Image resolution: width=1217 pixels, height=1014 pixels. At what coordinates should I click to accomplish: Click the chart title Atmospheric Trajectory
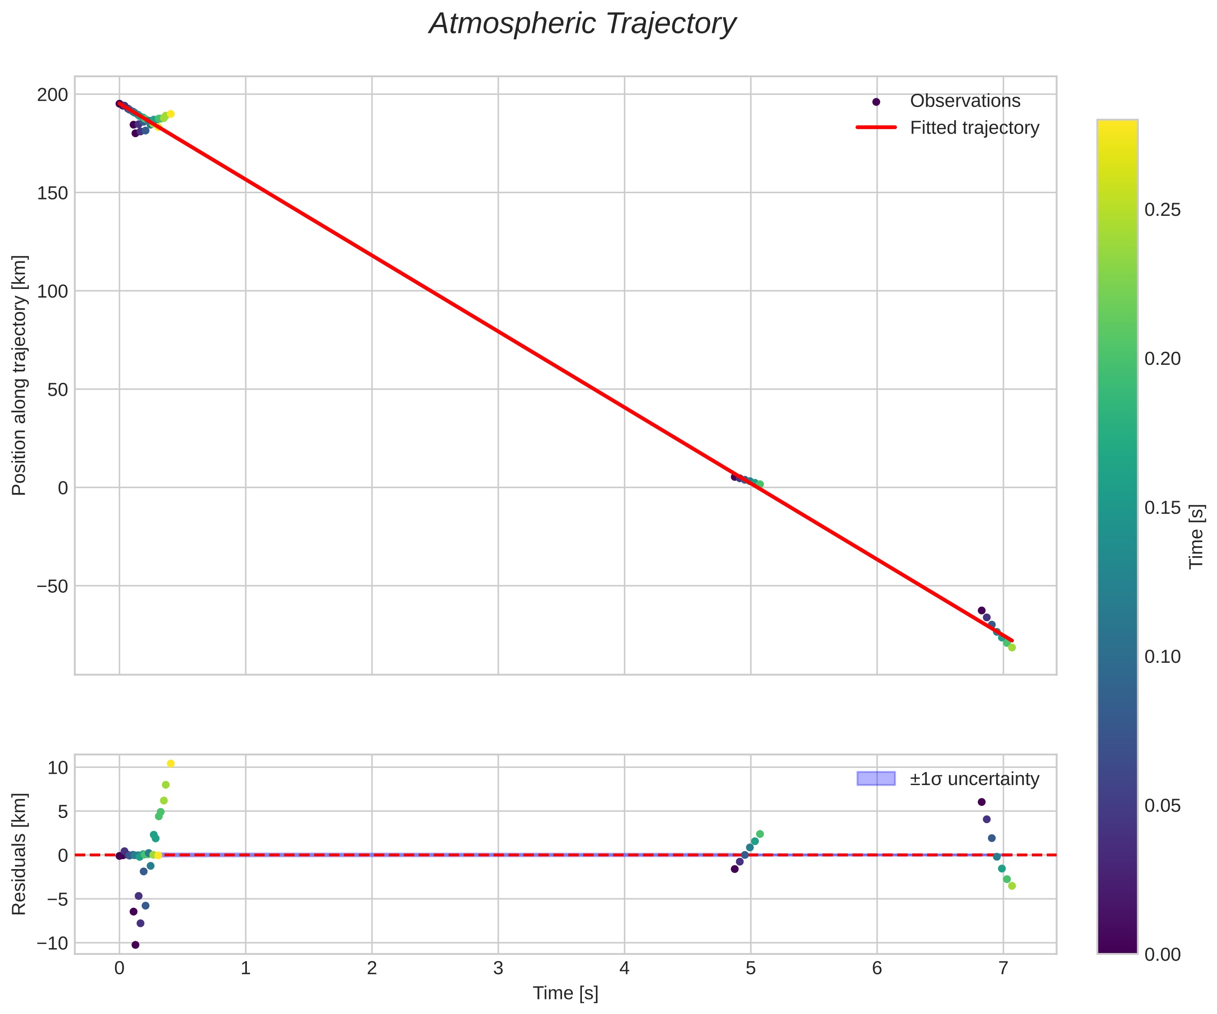582,24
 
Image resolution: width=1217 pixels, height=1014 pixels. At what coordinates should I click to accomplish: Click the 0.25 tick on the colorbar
1162,210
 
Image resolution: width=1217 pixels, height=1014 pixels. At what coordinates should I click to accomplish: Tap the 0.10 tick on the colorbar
1162,657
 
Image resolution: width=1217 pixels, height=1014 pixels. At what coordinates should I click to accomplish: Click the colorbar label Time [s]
1196,536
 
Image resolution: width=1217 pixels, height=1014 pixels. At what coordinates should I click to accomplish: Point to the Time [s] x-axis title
565,993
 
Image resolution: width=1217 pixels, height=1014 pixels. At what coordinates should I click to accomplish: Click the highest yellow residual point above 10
170,763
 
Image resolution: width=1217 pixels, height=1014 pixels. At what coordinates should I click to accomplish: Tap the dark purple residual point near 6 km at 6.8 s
981,802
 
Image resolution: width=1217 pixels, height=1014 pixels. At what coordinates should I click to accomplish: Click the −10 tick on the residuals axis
52,943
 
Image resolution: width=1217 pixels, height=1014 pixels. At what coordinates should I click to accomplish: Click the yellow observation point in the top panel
170,114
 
